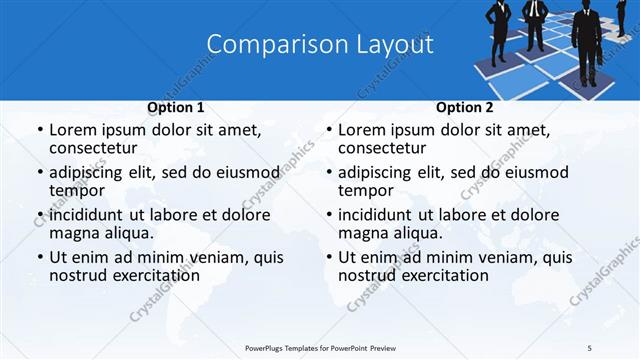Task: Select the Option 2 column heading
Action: click(464, 107)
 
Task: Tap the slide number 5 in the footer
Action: click(589, 347)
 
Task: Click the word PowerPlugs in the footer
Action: click(271, 347)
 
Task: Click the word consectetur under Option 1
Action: click(94, 148)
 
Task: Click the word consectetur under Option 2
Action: click(383, 148)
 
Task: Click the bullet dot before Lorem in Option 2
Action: click(329, 131)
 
